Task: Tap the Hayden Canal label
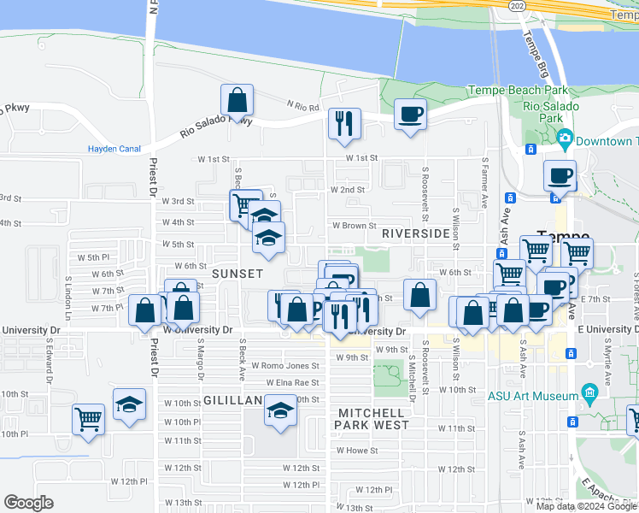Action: coord(114,149)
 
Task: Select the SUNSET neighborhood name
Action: coord(237,274)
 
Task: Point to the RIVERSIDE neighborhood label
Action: coord(416,233)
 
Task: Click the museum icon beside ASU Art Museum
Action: coord(589,394)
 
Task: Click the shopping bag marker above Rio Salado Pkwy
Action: coord(237,100)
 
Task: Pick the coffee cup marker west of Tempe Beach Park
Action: coord(410,114)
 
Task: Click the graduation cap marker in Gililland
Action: coord(279,410)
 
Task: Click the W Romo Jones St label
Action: coord(290,366)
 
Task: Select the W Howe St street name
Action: coord(356,450)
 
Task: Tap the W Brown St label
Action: coord(354,226)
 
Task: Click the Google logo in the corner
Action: coord(28,503)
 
